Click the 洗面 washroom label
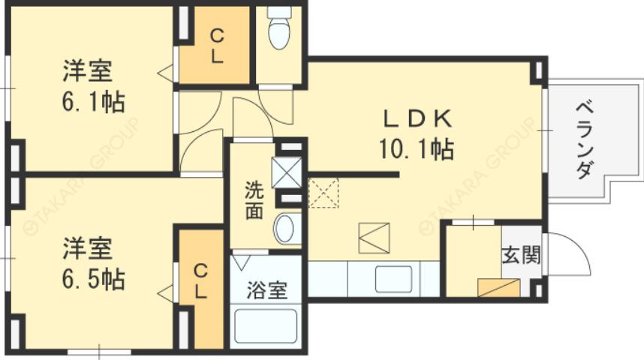pos(254,199)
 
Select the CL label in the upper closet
pos(216,46)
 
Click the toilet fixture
pos(279,30)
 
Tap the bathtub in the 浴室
pos(266,327)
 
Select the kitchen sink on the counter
pos(393,280)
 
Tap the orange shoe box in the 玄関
pos(499,288)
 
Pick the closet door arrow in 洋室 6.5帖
pos(167,292)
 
